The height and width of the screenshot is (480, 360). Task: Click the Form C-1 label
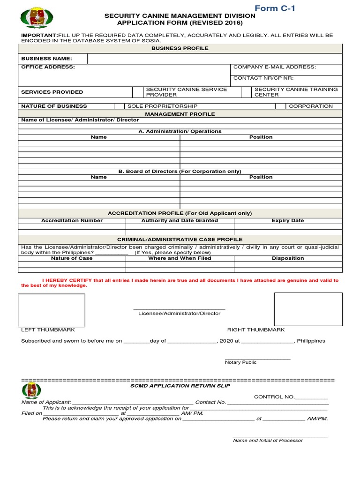[x=275, y=8]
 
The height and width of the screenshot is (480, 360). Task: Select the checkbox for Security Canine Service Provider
[x=138, y=92]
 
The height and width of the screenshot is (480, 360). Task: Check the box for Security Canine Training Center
[x=246, y=92]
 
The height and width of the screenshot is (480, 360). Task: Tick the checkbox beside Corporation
[x=281, y=106]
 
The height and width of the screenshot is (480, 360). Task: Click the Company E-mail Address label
[x=275, y=67]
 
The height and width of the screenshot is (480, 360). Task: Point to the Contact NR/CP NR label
[x=263, y=78]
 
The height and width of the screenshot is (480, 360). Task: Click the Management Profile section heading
[x=180, y=114]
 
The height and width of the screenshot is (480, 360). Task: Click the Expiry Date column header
[x=288, y=220]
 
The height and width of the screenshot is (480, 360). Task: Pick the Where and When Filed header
[x=180, y=258]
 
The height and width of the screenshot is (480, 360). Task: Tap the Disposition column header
[x=288, y=258]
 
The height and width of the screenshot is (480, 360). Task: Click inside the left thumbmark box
[x=52, y=310]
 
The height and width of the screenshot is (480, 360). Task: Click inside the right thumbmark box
[x=308, y=309]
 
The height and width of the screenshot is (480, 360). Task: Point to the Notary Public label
[x=240, y=362]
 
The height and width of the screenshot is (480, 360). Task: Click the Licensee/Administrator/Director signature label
[x=179, y=314]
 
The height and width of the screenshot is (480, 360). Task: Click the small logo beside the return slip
[x=31, y=390]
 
